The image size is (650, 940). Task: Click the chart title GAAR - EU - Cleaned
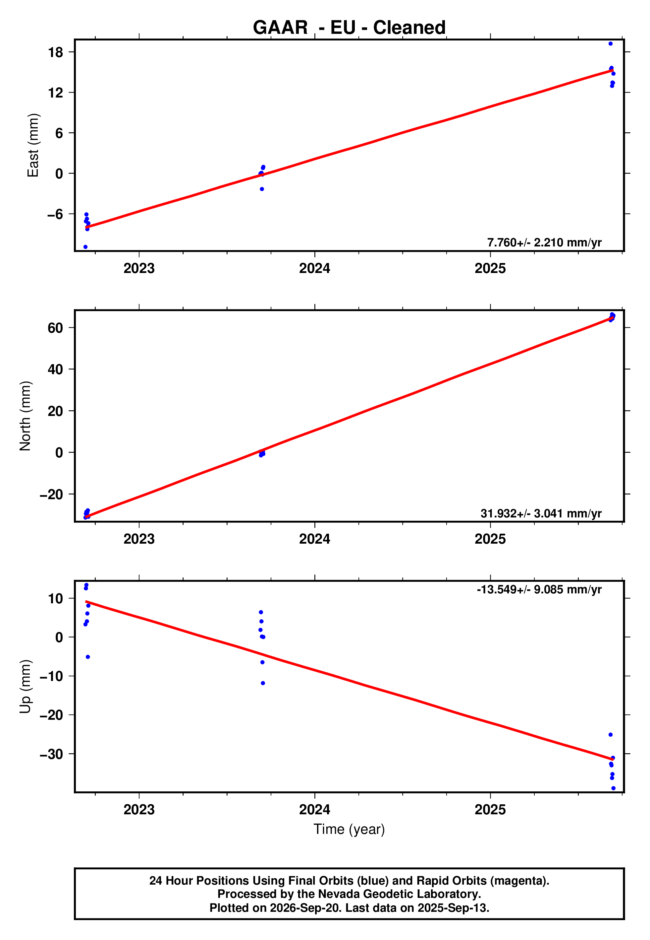click(x=349, y=28)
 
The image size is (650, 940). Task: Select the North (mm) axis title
click(x=25, y=416)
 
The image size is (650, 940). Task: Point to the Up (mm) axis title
click(x=25, y=687)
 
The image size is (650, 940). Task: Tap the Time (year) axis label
click(x=349, y=830)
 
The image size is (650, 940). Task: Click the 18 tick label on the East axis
click(x=55, y=52)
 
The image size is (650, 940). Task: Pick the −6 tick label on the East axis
click(x=55, y=214)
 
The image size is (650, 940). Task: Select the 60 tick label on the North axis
click(x=55, y=328)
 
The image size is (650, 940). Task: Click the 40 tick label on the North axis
click(x=55, y=369)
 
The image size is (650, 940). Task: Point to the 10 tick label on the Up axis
click(x=55, y=598)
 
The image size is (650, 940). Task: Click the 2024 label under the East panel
click(x=314, y=268)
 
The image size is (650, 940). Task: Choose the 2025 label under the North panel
click(x=490, y=539)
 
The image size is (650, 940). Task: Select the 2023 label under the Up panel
click(x=139, y=810)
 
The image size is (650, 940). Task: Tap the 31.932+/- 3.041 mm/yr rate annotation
click(x=541, y=513)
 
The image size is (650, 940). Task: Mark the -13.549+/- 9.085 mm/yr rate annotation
click(x=539, y=589)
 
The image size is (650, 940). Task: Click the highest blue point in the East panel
click(x=611, y=43)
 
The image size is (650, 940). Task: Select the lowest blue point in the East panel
click(x=85, y=247)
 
